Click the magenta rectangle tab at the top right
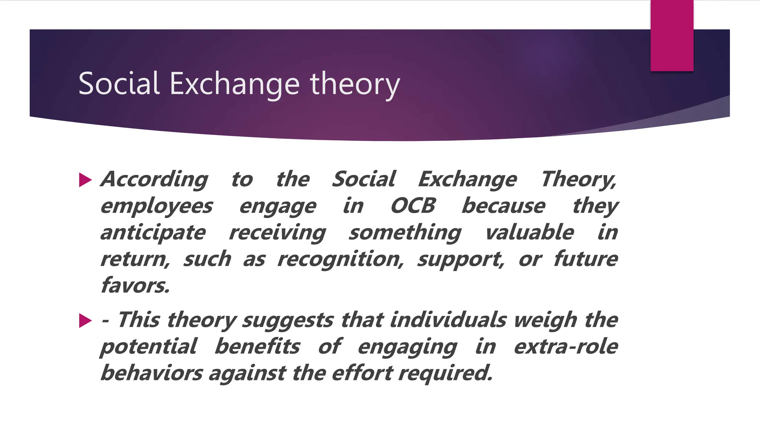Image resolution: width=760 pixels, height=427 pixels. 672,35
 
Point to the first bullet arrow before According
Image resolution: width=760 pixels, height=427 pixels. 85,180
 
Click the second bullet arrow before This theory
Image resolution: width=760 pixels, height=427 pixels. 85,321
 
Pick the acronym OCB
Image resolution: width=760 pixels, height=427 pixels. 413,206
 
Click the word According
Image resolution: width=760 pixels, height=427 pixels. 154,180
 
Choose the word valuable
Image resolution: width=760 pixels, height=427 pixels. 529,232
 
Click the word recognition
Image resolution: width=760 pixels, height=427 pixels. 340,259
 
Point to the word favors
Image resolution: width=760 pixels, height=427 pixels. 135,286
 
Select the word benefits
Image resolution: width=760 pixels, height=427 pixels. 257,347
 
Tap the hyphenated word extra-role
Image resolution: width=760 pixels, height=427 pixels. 566,347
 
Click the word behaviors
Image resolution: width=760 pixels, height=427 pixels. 151,373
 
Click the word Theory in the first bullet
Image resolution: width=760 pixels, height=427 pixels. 578,180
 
